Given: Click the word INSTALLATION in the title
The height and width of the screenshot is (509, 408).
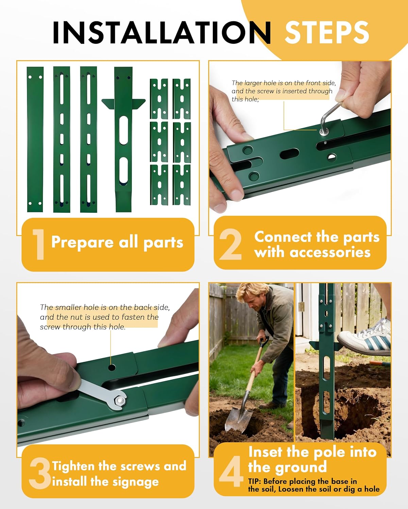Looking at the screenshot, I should click(162, 32).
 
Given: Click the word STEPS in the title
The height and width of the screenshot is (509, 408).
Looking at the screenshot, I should click(326, 32).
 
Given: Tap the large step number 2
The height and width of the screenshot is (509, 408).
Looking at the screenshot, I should click(231, 244).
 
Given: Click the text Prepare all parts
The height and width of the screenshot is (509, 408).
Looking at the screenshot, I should click(117, 242).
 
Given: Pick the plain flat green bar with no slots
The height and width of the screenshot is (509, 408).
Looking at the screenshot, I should click(35, 139).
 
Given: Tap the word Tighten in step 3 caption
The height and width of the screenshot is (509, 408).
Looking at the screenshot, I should click(73, 466).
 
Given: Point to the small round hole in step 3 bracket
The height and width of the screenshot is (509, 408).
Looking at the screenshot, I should click(111, 367).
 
